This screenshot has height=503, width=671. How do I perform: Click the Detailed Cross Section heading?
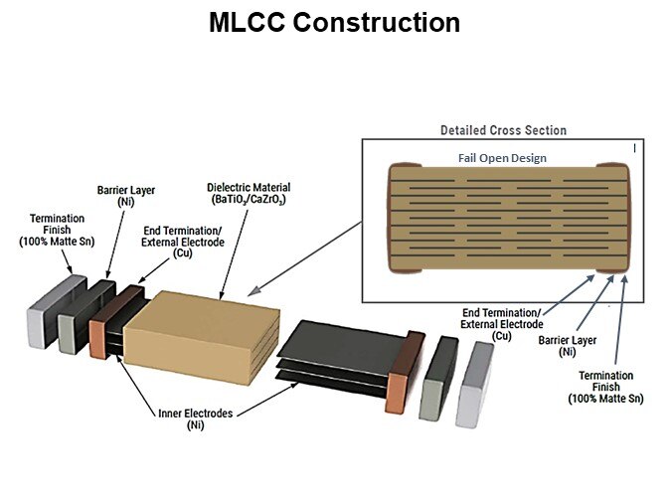[x=503, y=130]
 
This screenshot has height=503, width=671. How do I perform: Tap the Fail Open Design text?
[x=502, y=158]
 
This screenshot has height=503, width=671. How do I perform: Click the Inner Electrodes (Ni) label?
[x=195, y=419]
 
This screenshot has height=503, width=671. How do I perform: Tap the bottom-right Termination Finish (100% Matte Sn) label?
[x=605, y=387]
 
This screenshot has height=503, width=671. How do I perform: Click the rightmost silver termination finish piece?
[x=474, y=383]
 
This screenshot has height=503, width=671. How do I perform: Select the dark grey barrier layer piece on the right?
[x=438, y=378]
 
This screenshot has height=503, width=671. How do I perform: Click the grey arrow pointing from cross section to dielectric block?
[x=302, y=256]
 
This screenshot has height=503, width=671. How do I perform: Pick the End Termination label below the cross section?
[x=503, y=324]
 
